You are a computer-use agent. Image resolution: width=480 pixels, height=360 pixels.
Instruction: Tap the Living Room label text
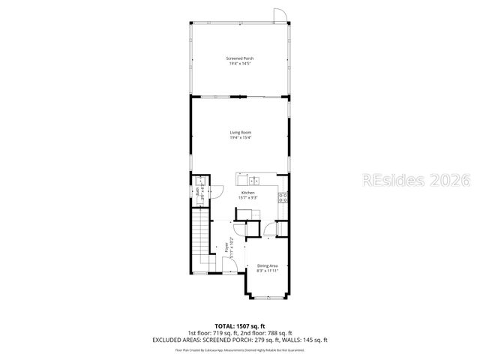[x=240, y=133]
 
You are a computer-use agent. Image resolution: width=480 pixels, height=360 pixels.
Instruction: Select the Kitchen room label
[x=247, y=193]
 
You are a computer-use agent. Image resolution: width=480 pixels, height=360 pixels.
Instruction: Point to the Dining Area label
[x=268, y=265]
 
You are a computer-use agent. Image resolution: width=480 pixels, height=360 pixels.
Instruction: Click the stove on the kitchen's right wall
[x=282, y=198]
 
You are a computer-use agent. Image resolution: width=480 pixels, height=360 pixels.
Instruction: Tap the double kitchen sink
[x=253, y=180]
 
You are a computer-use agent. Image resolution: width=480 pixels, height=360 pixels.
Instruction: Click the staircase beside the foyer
[x=201, y=236]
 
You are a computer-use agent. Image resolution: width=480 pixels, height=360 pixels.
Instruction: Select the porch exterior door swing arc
[x=279, y=14]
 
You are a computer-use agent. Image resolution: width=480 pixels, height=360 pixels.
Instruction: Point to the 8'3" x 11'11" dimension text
[x=268, y=271]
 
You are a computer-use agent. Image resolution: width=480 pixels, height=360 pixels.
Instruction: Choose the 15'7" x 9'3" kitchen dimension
[x=247, y=197]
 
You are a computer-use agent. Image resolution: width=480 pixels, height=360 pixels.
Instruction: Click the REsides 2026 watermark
[x=415, y=180]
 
